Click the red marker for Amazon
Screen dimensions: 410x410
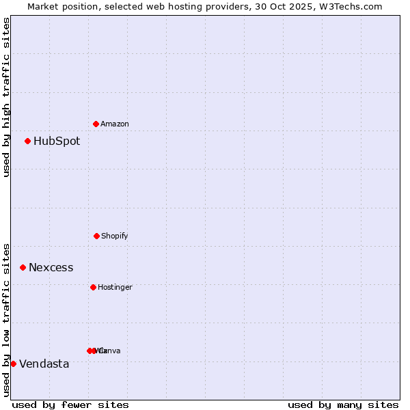click(x=96, y=124)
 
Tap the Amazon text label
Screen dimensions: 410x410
click(x=115, y=124)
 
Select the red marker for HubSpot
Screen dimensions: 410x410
click(x=27, y=141)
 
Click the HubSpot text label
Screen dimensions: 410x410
click(x=57, y=141)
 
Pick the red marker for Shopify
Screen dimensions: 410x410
click(x=96, y=236)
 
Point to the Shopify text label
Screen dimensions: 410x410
click(x=115, y=236)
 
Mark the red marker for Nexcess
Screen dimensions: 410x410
click(x=23, y=267)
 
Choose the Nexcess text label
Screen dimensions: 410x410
click(x=51, y=268)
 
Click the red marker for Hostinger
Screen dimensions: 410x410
click(x=93, y=287)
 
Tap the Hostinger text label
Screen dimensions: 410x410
click(x=115, y=288)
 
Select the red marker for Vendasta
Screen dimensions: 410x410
click(x=13, y=364)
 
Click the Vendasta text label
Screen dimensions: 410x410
click(x=44, y=364)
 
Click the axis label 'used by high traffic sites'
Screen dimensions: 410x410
click(x=6, y=97)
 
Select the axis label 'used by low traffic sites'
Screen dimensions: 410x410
click(x=6, y=319)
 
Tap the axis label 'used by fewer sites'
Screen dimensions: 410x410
click(x=70, y=405)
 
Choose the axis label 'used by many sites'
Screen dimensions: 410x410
click(x=343, y=405)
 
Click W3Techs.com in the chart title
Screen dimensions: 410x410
click(x=351, y=6)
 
